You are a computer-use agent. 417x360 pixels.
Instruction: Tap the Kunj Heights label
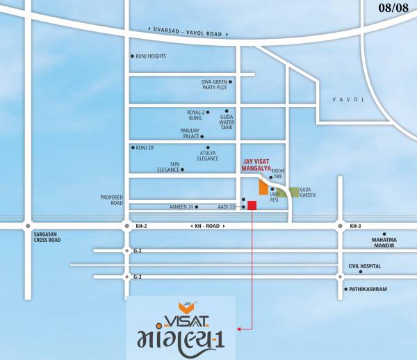(151, 56)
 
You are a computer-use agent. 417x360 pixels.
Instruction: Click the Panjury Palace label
(190, 133)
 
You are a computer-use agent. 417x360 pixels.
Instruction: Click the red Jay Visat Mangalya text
(256, 165)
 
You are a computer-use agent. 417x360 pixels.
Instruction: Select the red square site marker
(252, 205)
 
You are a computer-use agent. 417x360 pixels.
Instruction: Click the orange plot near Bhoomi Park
(263, 187)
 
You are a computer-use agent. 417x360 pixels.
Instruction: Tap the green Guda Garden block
(295, 192)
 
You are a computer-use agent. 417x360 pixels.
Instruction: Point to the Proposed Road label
(111, 200)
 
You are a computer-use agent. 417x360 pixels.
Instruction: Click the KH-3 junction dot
(340, 226)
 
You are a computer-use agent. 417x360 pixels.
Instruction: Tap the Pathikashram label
(368, 288)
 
